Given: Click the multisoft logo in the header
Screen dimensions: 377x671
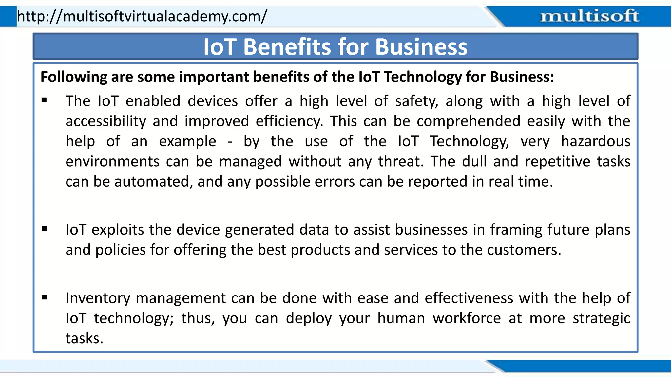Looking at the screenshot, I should click(x=589, y=16).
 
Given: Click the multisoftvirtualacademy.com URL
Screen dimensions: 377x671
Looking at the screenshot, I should click(x=142, y=16).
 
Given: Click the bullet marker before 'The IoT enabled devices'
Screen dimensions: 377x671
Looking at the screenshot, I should click(x=44, y=100).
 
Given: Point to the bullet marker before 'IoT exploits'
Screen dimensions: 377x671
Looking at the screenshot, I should click(x=44, y=229).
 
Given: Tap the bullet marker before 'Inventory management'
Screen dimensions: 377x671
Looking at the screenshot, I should click(x=44, y=297).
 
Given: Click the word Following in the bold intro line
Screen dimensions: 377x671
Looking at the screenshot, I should click(x=74, y=77).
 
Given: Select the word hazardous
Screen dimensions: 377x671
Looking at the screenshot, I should click(x=595, y=141).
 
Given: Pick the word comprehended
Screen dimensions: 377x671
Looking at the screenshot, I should click(x=468, y=121).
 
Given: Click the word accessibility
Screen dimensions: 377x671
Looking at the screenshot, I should click(x=105, y=121).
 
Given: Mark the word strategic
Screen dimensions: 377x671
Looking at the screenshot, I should click(x=601, y=318).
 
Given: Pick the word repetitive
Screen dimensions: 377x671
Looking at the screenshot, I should click(x=557, y=161).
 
